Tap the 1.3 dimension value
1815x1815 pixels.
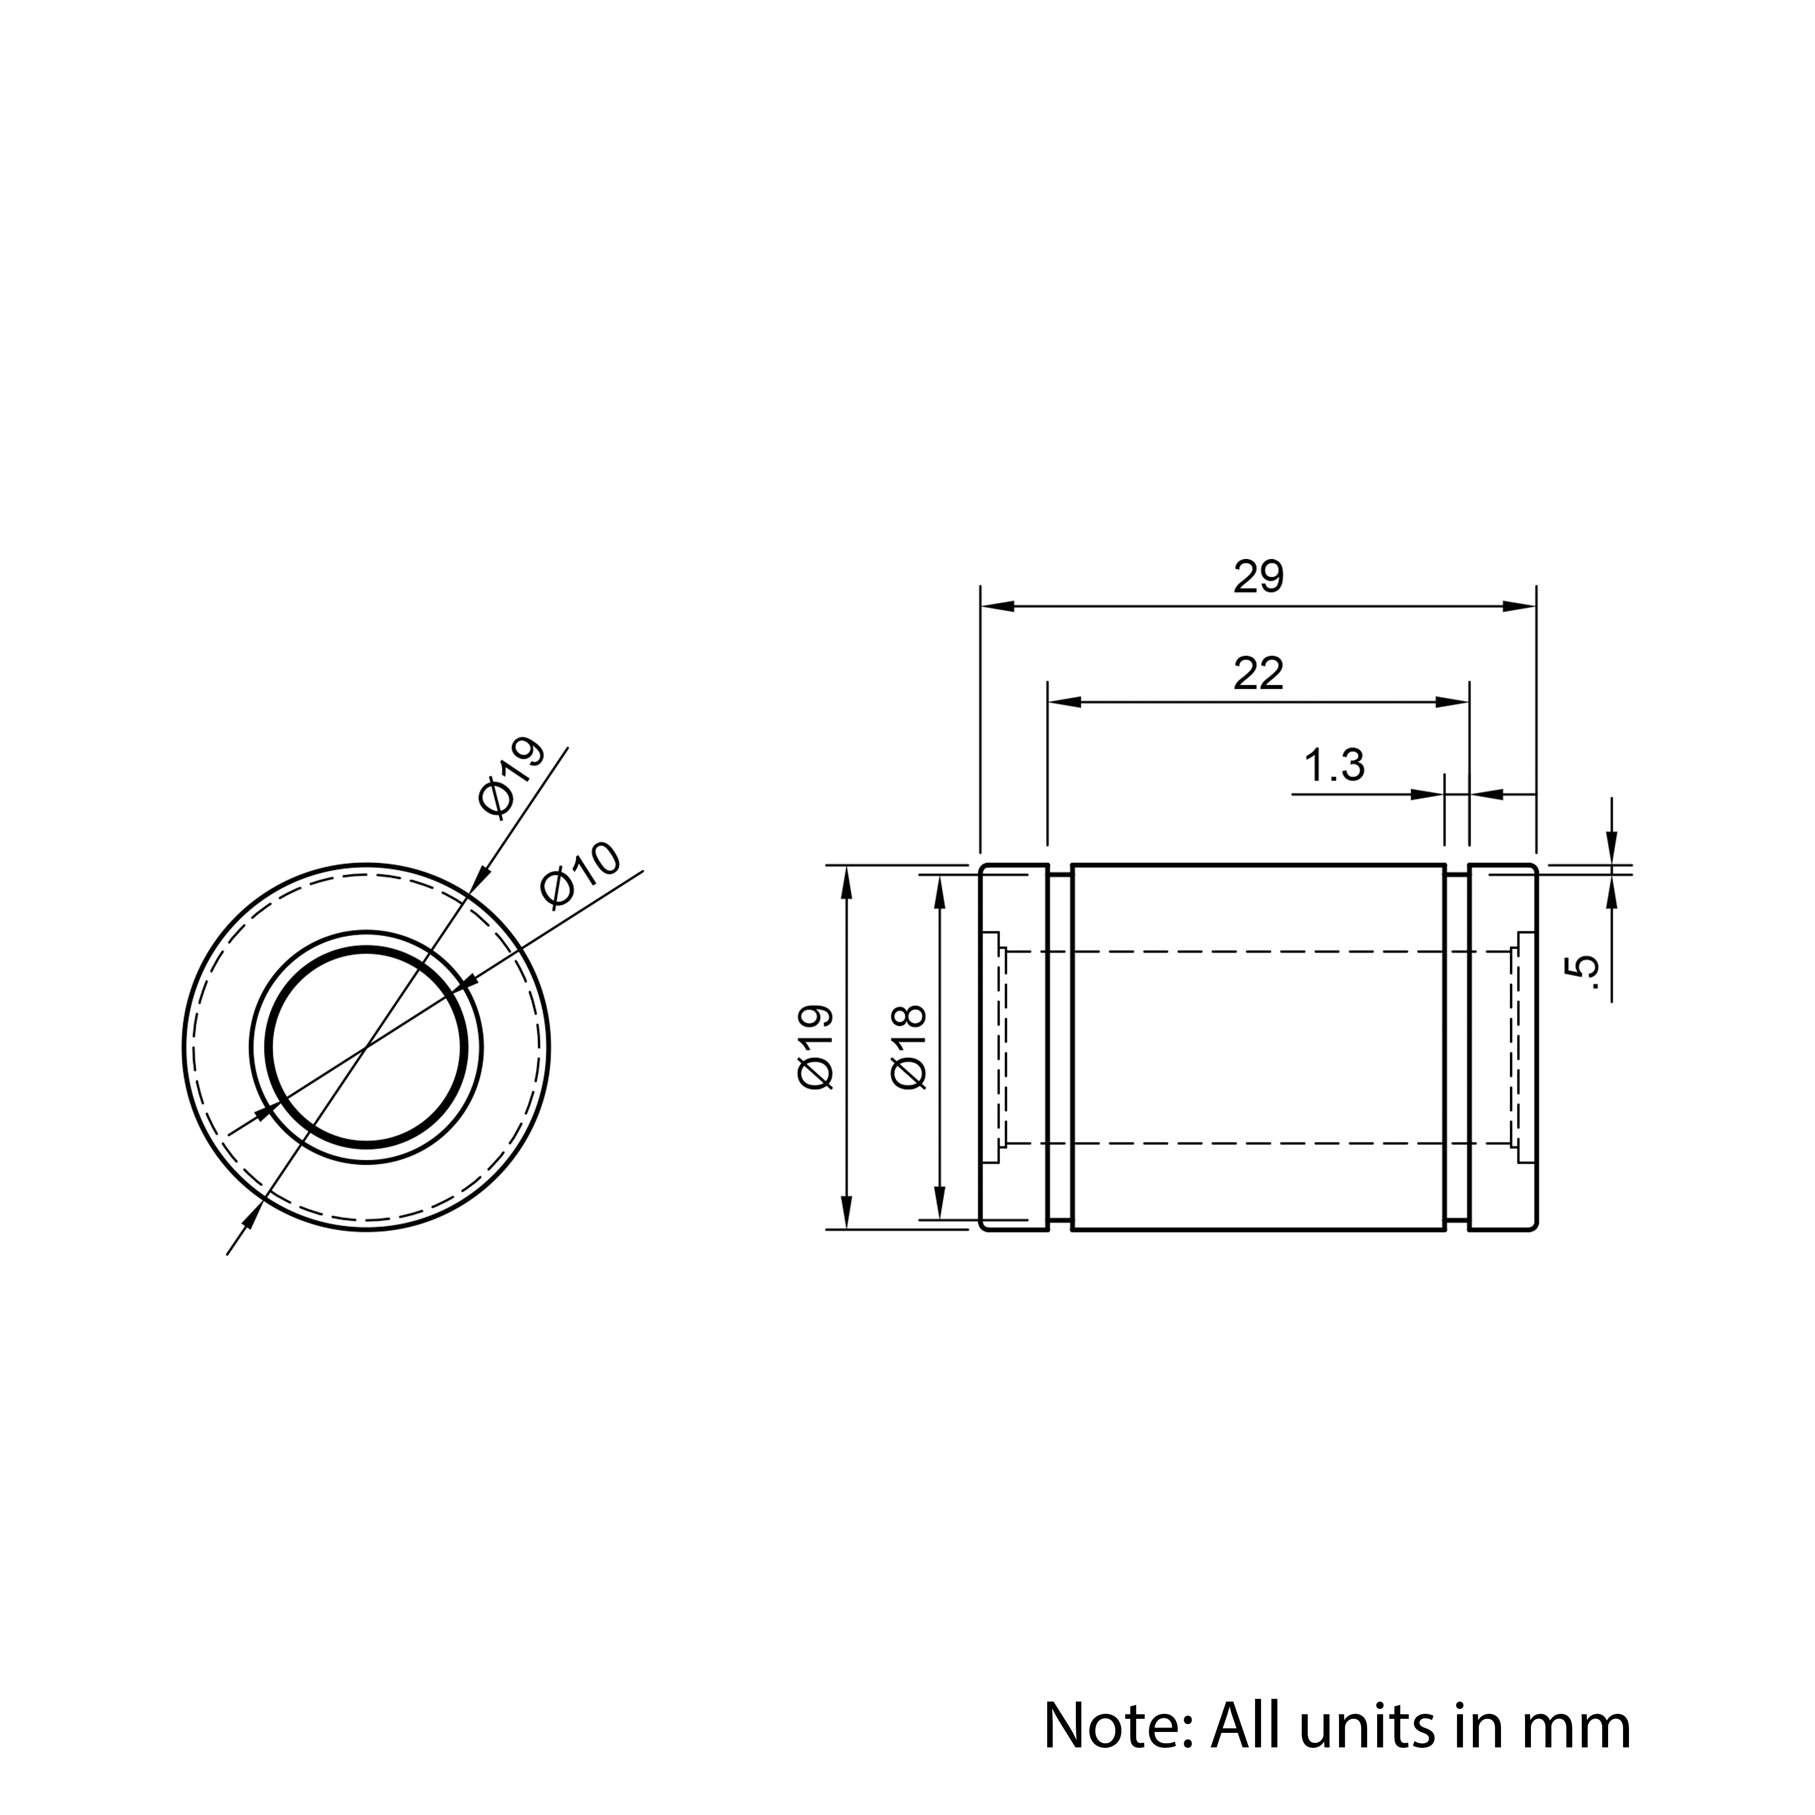(1334, 765)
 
